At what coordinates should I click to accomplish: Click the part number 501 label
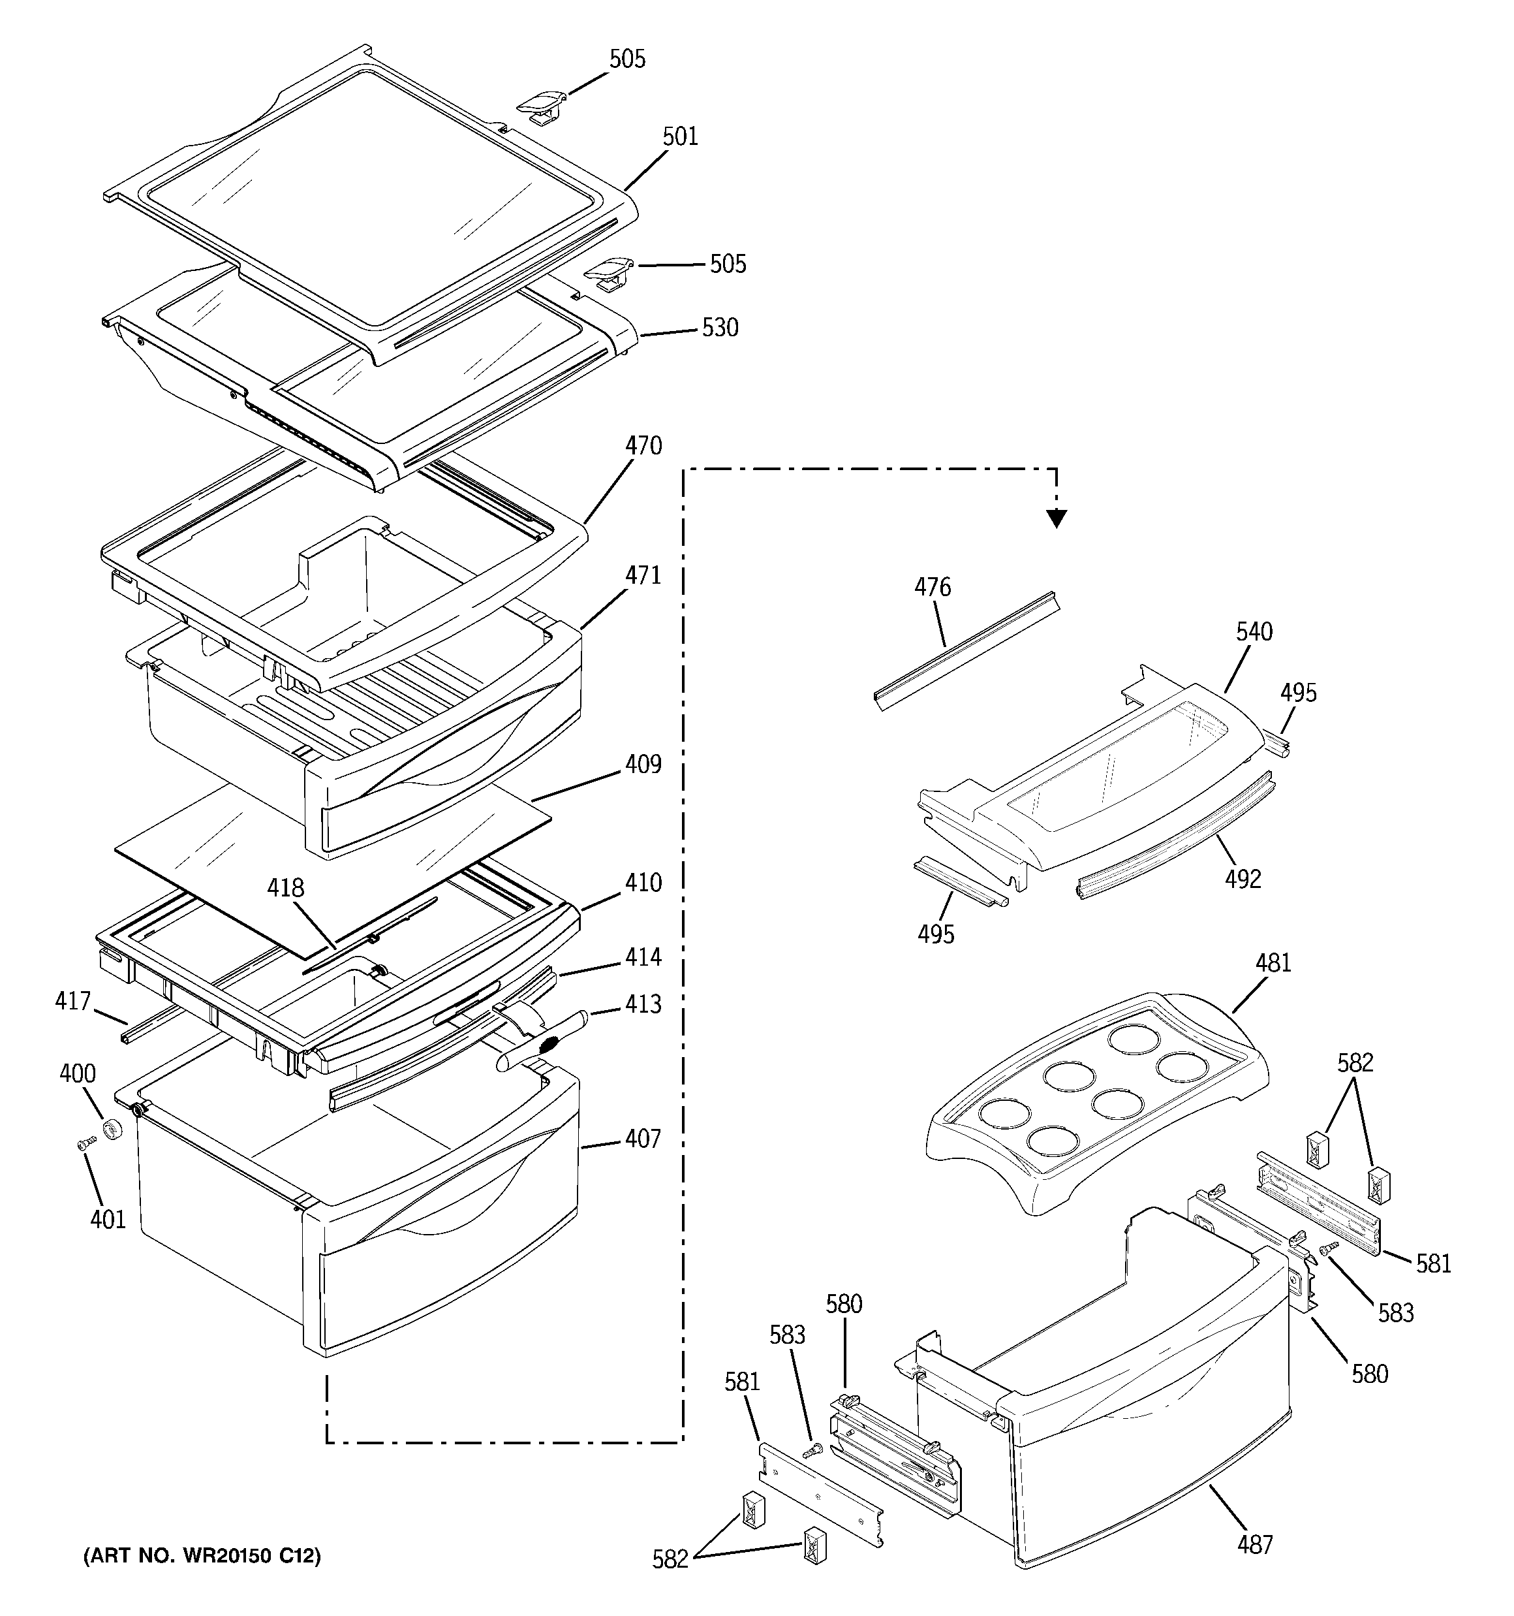point(680,136)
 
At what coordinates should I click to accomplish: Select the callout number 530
point(720,328)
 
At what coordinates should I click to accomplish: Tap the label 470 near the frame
point(643,446)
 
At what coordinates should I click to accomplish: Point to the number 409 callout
point(643,764)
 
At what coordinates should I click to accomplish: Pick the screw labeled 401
point(84,1145)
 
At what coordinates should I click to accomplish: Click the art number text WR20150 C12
point(202,1556)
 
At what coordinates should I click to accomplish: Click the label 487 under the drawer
point(1256,1544)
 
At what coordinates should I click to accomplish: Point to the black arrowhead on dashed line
point(1057,518)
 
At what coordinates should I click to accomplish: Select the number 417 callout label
point(73,1001)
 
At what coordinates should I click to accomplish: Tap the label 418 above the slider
point(286,888)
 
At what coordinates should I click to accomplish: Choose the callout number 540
point(1255,631)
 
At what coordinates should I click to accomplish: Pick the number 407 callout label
point(643,1139)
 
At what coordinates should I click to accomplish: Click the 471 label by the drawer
point(643,575)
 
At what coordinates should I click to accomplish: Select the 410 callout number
point(643,882)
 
